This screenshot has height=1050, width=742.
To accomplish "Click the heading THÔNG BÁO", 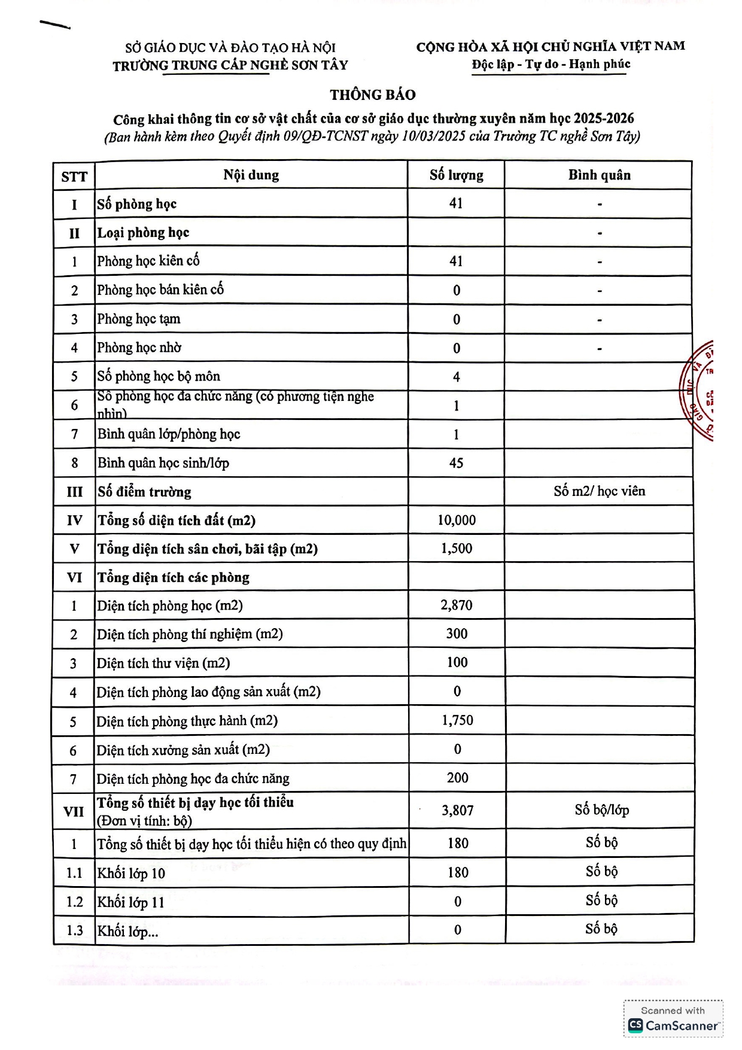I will pos(372,95).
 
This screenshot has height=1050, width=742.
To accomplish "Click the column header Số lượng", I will pos(456,175).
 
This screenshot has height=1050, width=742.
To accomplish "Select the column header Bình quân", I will pos(599,175).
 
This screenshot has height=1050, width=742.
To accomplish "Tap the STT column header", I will pos(74,176).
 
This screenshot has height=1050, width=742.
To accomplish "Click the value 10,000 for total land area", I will pos(457,521).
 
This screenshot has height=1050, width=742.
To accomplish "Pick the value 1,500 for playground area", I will pos(457,549).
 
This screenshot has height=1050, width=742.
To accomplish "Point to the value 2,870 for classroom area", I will pos(457,605).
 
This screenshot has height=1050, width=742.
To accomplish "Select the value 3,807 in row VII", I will pos(458,811).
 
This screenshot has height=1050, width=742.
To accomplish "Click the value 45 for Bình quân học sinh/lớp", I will pos(456,463).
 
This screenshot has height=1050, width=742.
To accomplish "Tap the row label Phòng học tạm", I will pos(139,319).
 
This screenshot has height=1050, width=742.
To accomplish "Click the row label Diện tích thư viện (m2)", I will pos(163,663).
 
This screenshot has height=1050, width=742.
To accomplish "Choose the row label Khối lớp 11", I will pos(131,902).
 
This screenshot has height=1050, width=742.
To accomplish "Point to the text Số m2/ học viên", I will pos(599,491).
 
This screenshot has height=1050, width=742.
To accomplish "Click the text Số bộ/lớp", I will pos(601,810).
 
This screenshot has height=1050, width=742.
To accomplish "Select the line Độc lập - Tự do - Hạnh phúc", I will pos(551,65).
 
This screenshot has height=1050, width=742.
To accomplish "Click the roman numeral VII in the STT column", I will pos(74,811).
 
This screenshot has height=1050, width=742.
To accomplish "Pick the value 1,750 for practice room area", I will pos(457,720).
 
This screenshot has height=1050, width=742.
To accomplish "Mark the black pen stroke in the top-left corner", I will pos(55,25).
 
